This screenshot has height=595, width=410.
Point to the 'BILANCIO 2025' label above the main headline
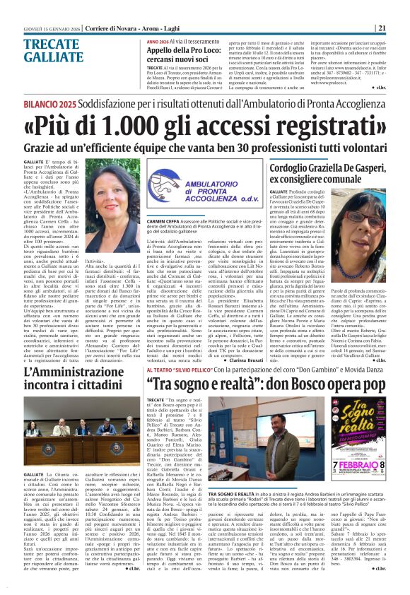[38, 104]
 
